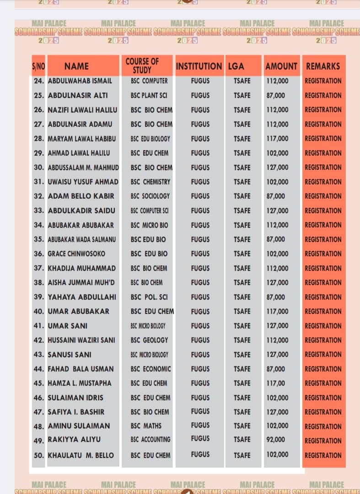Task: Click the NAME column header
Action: coord(77,66)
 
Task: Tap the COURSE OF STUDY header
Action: coord(142,65)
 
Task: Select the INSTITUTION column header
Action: coord(199,66)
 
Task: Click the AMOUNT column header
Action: coord(281,66)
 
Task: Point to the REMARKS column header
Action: coord(323,66)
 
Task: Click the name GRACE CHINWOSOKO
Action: coord(76,254)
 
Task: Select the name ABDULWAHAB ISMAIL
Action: coord(80,81)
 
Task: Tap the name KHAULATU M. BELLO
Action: coord(81,455)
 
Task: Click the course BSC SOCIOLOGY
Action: coord(150,196)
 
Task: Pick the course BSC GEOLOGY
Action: coord(149,340)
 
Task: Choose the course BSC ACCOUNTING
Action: coord(150,440)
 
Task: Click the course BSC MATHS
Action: coord(146,426)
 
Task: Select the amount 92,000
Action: coord(276,440)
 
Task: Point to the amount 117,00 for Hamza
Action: coord(276,383)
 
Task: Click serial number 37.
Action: coord(39,268)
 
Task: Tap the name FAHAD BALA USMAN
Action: coord(81,369)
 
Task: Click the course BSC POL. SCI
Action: coord(149,297)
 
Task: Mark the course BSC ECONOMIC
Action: coord(150,369)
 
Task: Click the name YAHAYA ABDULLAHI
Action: coord(82,297)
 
